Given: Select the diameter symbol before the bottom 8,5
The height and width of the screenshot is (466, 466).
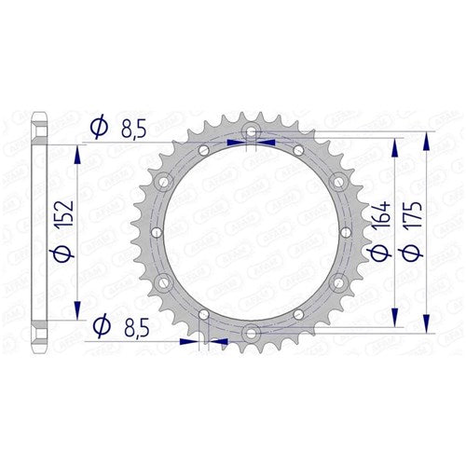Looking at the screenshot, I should click(x=99, y=325).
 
